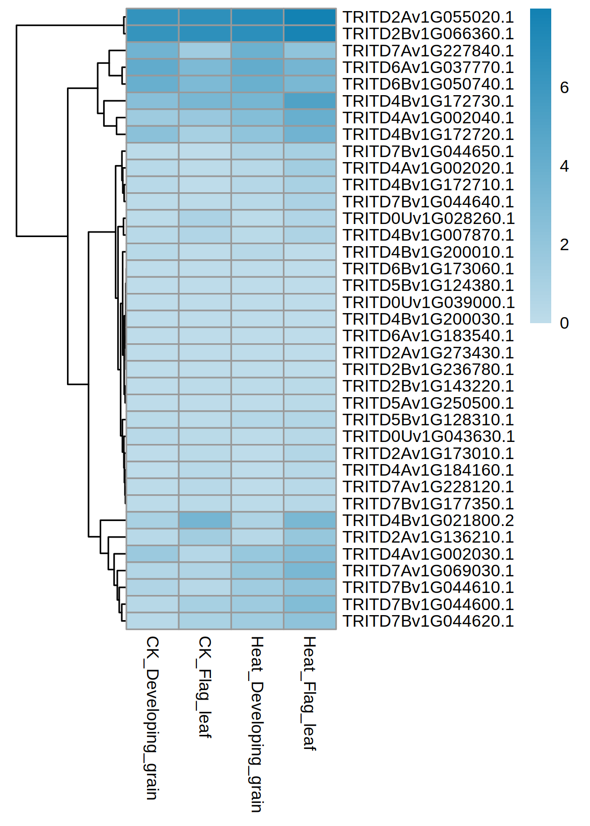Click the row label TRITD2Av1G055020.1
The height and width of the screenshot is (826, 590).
428,17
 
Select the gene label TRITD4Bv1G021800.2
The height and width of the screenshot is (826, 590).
428,520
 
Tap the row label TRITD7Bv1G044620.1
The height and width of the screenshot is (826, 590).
428,621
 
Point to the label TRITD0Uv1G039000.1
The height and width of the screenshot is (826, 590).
428,303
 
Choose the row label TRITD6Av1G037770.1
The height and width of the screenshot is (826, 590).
428,67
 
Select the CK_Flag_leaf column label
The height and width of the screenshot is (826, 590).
205,687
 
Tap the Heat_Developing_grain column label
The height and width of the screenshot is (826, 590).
257,724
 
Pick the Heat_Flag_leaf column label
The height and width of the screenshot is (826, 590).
310,694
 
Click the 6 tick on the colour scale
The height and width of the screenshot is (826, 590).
564,88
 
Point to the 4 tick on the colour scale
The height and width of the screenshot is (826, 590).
564,166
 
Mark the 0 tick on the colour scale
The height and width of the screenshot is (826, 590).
564,323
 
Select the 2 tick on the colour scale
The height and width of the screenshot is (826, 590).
564,245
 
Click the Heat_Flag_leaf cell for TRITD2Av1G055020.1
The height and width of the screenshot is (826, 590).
310,17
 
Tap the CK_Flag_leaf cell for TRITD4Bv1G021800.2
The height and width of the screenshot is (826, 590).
205,520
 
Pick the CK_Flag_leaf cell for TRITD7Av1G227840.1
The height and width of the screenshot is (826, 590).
205,51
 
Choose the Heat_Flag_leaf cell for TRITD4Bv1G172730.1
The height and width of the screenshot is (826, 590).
310,101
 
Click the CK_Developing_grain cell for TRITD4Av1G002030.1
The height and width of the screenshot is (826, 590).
153,554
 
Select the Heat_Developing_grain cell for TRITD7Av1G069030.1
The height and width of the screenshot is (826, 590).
257,571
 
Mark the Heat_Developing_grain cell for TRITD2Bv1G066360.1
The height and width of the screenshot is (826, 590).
257,34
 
